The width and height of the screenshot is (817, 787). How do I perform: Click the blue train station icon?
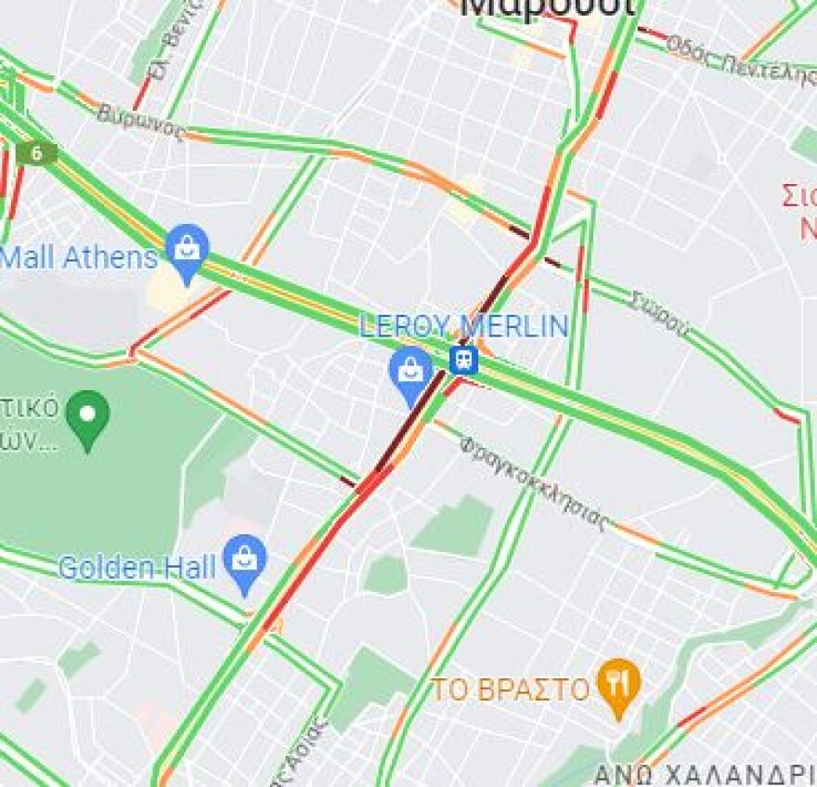click(462, 359)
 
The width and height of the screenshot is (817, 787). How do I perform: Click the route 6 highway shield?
click(35, 153)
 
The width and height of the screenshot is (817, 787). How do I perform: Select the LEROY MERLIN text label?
click(463, 326)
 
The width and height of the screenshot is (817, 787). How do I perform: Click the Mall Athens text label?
click(79, 256)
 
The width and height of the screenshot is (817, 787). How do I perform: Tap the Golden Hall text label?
click(136, 567)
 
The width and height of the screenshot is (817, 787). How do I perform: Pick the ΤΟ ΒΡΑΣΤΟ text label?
click(511, 690)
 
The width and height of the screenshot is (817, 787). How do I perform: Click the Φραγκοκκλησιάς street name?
click(535, 482)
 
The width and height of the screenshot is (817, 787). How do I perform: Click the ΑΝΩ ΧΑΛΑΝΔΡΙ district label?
click(704, 774)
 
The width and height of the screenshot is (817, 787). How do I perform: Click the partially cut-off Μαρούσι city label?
click(548, 7)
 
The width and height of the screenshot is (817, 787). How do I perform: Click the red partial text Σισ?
click(798, 197)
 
